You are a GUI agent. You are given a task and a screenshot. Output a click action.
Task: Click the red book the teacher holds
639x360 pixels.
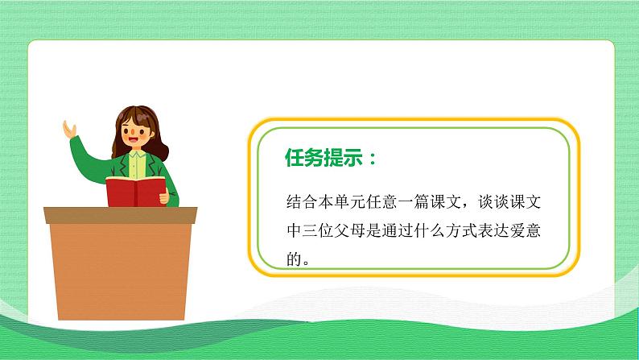pos(134,192)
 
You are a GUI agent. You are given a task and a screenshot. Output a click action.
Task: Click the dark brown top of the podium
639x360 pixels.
pos(120,215)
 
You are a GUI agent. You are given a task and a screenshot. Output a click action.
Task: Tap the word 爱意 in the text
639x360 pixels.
pos(539,230)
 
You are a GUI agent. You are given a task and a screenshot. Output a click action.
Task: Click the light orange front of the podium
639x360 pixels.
pos(120,266)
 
